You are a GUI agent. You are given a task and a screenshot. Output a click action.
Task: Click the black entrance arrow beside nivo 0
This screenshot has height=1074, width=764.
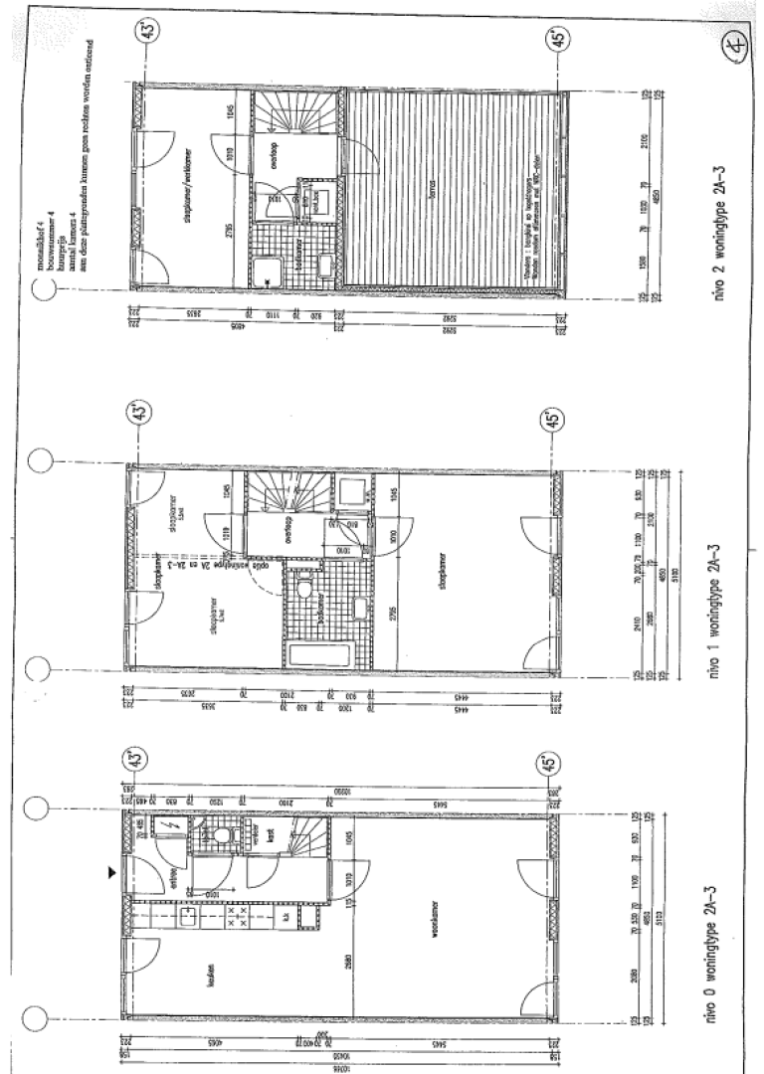(x=111, y=871)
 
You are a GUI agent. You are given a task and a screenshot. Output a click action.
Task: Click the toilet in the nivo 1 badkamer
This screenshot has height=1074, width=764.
(x=309, y=595)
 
